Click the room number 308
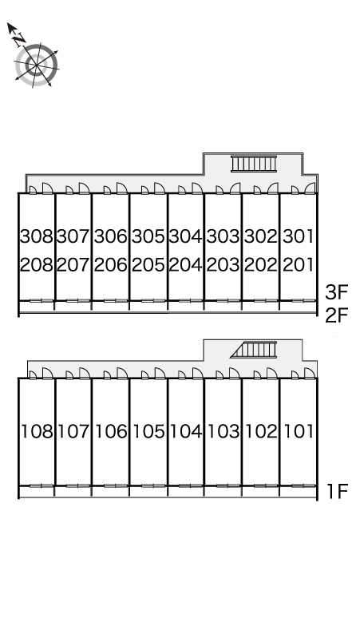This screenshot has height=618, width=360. click(x=36, y=236)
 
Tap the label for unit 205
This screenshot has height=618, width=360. click(x=148, y=265)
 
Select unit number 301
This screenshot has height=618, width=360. click(x=299, y=236)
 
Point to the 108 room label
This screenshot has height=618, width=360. click(x=37, y=432)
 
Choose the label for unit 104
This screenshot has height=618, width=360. click(x=186, y=432)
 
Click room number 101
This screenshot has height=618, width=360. click(x=299, y=432)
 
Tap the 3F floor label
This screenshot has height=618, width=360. click(x=337, y=292)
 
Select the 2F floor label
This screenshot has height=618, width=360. click(x=337, y=315)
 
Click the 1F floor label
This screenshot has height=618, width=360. click(x=338, y=491)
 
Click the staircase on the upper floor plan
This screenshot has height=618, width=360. click(x=254, y=164)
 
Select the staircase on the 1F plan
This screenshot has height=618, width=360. click(x=254, y=350)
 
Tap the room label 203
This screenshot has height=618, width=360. click(x=224, y=265)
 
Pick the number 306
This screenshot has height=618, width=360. click(x=111, y=236)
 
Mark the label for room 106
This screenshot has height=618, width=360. click(x=112, y=432)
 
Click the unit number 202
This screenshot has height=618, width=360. click(x=261, y=265)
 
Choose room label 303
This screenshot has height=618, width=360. click(x=224, y=236)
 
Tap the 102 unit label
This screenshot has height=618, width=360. click(x=261, y=432)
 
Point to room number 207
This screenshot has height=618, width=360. click(x=73, y=265)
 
